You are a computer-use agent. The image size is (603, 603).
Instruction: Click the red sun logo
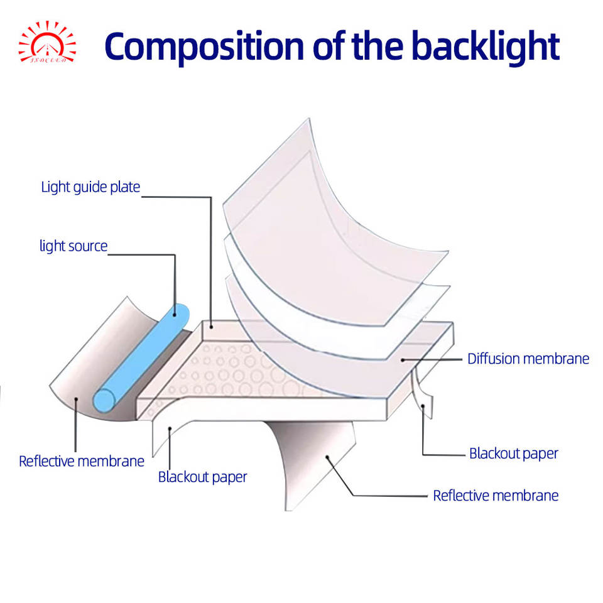coord(47,43)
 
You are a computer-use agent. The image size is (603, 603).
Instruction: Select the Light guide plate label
coord(90,187)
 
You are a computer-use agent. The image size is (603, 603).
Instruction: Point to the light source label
coord(73,246)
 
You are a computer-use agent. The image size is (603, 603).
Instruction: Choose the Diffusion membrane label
coord(528,359)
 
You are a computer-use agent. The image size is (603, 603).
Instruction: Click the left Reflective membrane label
coord(82,461)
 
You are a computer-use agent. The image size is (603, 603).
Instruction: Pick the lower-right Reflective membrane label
coord(496,496)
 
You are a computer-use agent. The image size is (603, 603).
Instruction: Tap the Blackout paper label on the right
coord(514,454)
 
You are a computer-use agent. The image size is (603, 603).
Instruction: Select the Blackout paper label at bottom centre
coord(202,477)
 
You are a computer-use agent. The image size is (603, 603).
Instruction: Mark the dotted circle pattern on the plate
coord(232,371)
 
